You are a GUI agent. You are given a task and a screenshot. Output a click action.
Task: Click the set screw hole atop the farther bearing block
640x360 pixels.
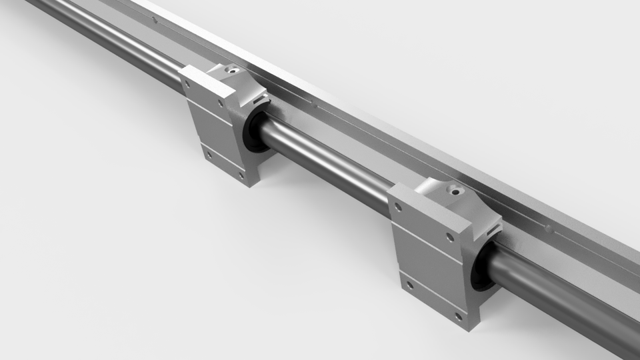[231, 69]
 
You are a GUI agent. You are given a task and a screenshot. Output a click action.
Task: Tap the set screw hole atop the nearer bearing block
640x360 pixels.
[456, 191]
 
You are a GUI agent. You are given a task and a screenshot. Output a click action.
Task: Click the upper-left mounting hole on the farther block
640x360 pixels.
[187, 86]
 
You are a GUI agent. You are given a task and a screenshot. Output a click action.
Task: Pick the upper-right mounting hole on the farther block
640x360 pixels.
[222, 103]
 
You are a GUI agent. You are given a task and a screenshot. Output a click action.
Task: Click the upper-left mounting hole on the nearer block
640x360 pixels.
[398, 207]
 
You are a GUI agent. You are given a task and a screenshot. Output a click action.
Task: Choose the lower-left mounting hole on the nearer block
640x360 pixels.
[409, 285]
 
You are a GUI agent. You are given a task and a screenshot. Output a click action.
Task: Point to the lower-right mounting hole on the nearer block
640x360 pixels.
[458, 315]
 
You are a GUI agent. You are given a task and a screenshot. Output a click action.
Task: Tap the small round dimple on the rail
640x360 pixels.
[548, 227]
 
